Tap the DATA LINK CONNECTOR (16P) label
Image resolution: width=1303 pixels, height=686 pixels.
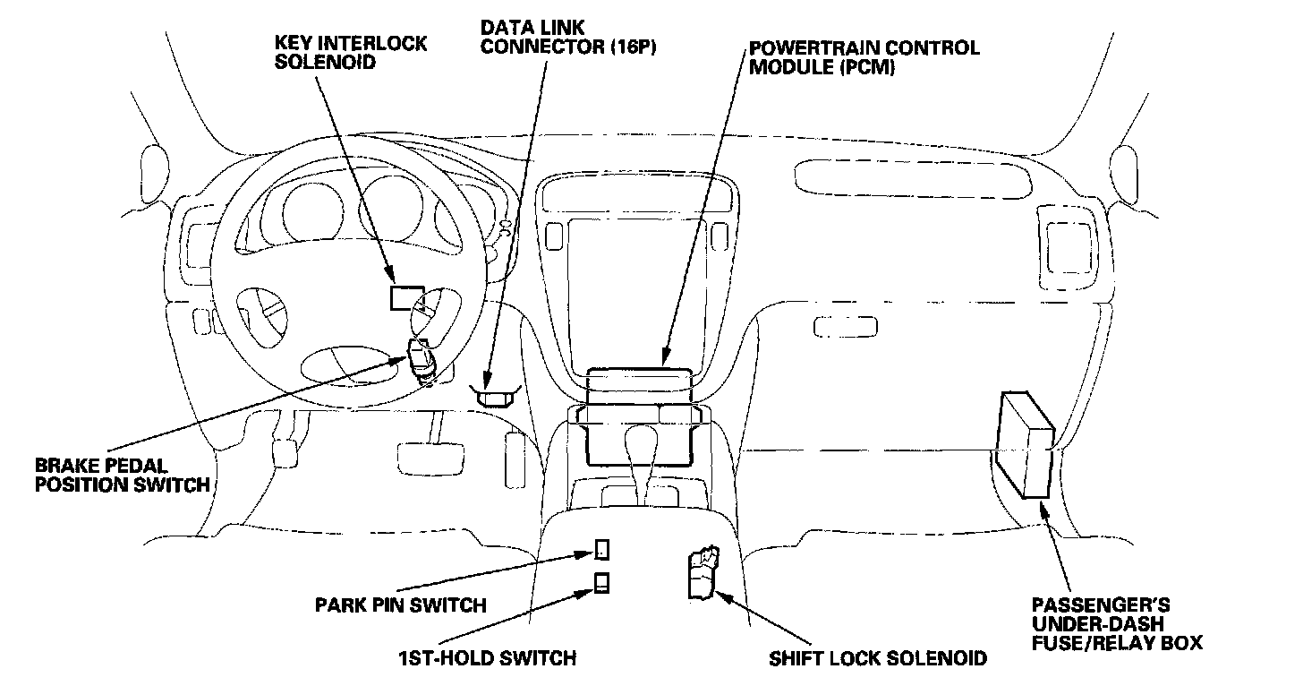[x=568, y=38]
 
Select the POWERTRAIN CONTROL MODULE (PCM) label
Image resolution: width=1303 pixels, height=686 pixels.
[x=864, y=56]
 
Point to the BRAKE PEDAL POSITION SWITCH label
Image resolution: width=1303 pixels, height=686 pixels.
[x=122, y=476]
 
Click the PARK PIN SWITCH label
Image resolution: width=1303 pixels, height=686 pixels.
[x=401, y=605]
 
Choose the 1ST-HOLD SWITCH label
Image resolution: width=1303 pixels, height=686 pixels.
[x=487, y=658]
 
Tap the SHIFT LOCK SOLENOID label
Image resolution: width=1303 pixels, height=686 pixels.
[x=878, y=658]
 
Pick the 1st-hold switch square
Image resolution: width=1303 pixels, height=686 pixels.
[x=603, y=583]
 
